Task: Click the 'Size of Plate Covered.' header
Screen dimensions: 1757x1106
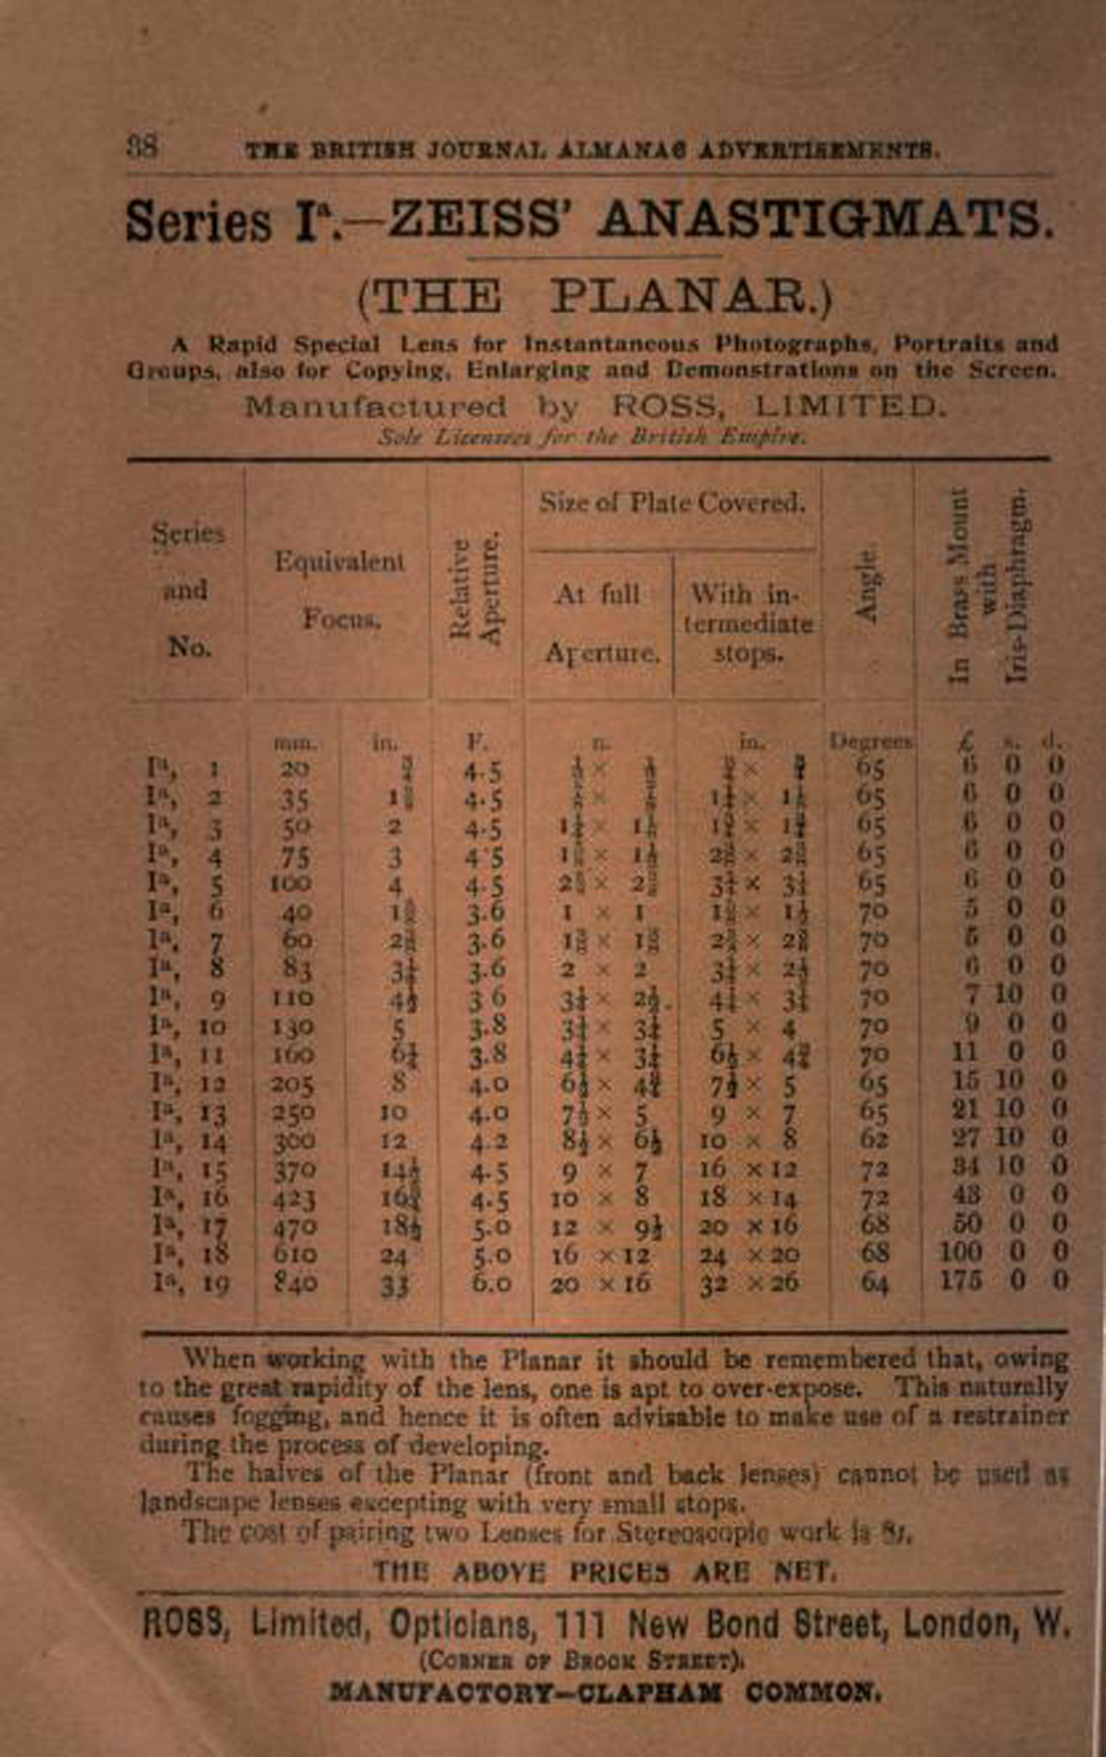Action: (x=672, y=503)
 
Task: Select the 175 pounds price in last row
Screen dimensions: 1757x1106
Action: (x=961, y=1280)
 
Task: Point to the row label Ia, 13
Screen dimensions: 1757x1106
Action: (x=188, y=1113)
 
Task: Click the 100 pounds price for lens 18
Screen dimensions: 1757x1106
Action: (x=960, y=1252)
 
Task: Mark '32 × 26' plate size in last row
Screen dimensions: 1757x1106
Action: (x=749, y=1282)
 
